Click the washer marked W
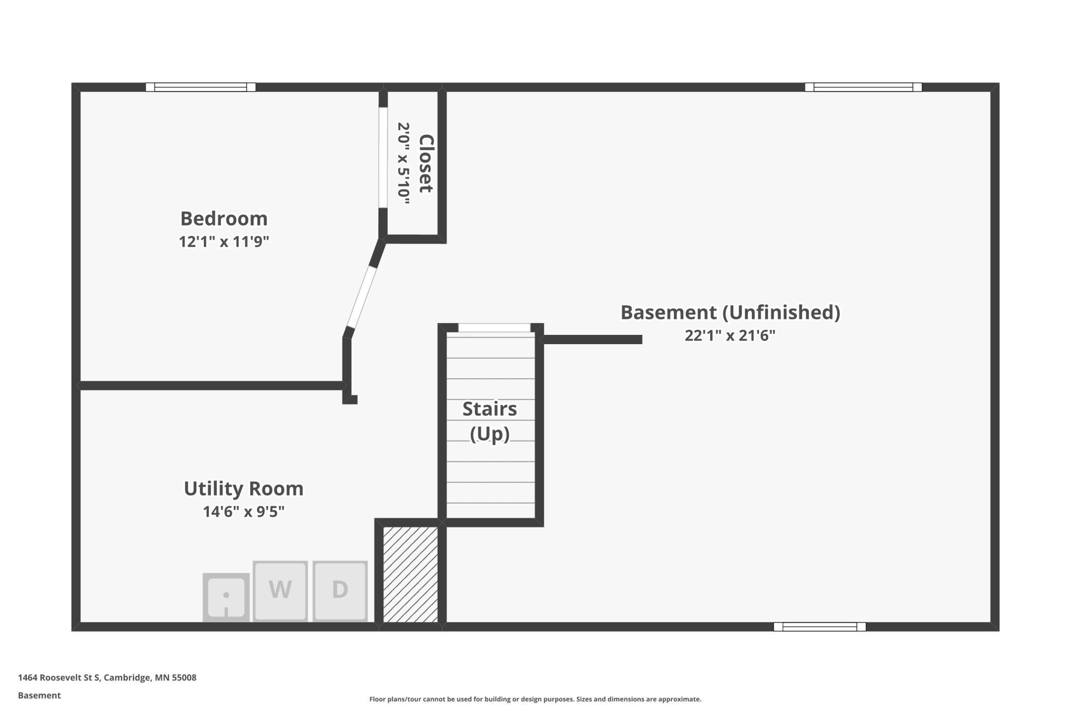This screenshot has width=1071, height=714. tap(280, 591)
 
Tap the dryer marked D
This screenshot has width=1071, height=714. tap(340, 591)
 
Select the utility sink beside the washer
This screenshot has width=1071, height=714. tap(226, 597)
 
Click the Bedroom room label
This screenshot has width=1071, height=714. tap(224, 218)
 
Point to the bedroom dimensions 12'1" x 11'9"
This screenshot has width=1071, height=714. tap(224, 241)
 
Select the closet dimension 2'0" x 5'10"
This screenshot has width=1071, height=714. tap(404, 163)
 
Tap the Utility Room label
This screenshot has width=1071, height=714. tap(244, 488)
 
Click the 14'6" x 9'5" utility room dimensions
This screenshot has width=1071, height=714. tap(244, 512)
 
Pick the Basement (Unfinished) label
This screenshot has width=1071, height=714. tap(730, 312)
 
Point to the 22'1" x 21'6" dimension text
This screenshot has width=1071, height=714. tap(730, 335)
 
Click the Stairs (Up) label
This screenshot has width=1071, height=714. tap(490, 421)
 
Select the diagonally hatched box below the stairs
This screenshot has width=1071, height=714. tap(410, 574)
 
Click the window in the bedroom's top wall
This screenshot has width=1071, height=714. tap(201, 87)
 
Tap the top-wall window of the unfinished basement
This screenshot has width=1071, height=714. tap(863, 87)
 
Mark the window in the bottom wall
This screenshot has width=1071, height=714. tap(820, 626)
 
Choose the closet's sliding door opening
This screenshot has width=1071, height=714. tap(383, 157)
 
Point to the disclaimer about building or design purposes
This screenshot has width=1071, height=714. tap(535, 699)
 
